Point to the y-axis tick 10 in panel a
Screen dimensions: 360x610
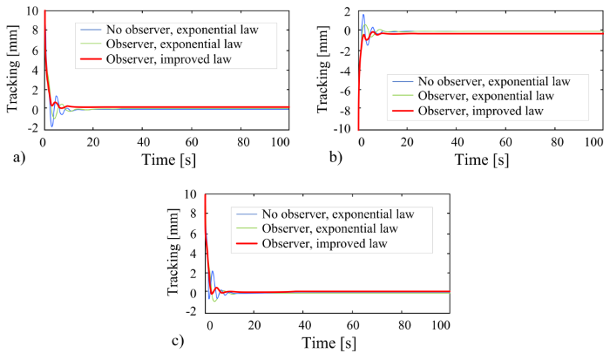click(32, 10)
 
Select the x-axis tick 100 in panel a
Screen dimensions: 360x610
click(280, 142)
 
